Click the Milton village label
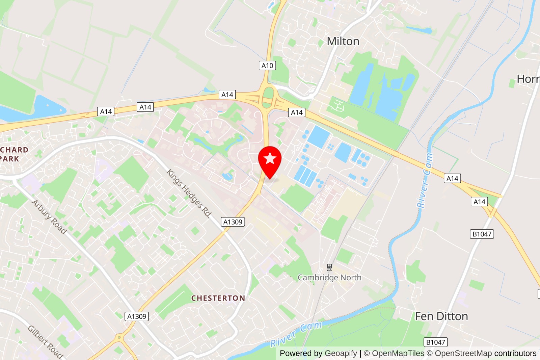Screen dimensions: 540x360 coord(343,41)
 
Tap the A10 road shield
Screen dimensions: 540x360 coord(267,66)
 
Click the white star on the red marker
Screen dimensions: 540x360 coord(270,158)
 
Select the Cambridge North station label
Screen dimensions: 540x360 coord(329,278)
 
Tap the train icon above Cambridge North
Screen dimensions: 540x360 coord(329,267)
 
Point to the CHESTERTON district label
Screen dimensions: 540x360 coord(218,298)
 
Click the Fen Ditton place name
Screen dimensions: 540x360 coord(441,316)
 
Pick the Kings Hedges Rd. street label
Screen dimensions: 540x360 coord(189,194)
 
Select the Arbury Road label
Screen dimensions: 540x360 coord(49,217)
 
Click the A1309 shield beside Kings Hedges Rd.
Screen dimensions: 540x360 coord(233,222)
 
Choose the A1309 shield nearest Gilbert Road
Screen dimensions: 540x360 coord(137,316)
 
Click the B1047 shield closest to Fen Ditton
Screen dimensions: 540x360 coord(436,342)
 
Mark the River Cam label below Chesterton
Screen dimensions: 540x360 coord(296,334)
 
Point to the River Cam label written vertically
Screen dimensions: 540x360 coord(425,180)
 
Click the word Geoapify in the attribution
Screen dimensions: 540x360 coord(341,353)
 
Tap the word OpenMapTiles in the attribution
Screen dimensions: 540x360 coord(398,353)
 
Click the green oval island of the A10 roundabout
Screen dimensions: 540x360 coord(268,93)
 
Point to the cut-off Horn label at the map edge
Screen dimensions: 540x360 coord(528,79)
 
